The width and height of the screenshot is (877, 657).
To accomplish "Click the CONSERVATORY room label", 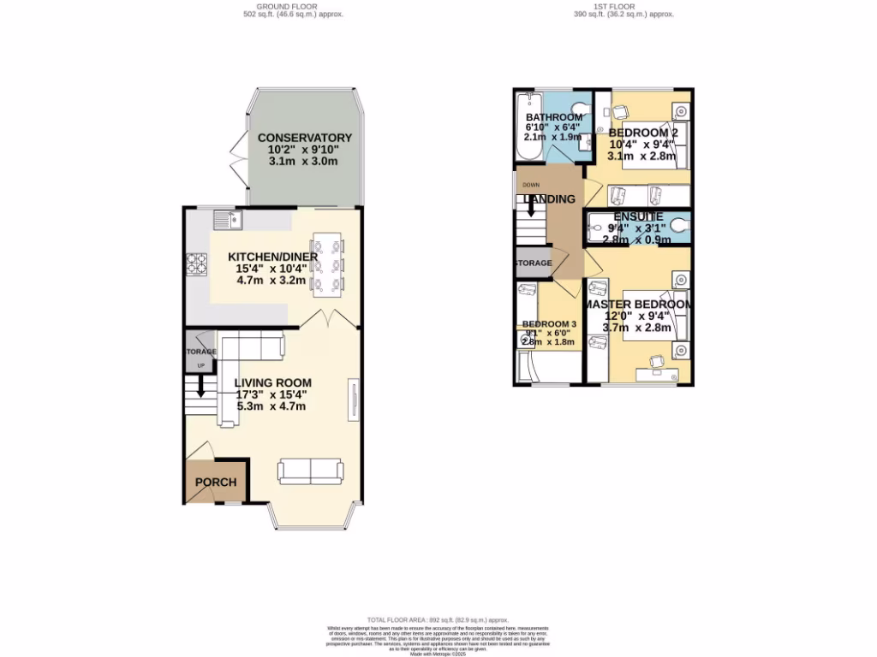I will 305,138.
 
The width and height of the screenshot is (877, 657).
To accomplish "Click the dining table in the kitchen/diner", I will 326,263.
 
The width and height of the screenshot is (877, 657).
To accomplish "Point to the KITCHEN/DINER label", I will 272,257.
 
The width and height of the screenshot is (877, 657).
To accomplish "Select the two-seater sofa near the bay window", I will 310,471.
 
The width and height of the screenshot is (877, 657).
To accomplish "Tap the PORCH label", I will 216,482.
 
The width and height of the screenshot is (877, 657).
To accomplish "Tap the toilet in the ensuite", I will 681,227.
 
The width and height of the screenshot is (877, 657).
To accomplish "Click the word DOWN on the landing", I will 530,185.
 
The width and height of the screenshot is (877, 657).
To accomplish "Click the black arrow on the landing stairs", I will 531,205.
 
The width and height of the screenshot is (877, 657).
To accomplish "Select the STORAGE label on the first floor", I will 533,263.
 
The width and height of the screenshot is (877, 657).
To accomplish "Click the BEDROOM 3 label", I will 549,324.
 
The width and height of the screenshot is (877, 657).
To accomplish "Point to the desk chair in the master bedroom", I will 655,363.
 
